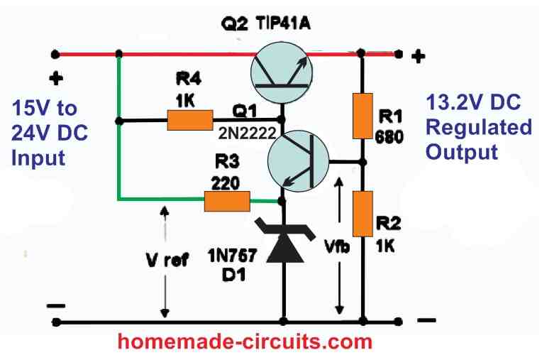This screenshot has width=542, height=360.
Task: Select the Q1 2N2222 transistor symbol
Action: click(x=299, y=163)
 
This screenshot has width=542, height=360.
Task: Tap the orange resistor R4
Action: click(x=190, y=120)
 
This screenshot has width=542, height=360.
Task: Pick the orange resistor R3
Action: click(x=226, y=202)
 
